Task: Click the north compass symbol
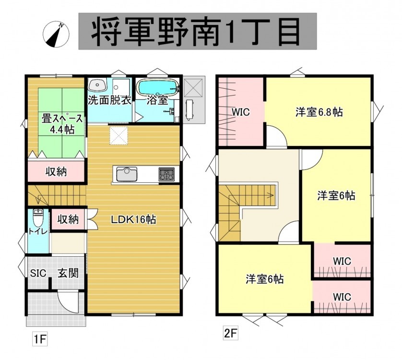point(56,35)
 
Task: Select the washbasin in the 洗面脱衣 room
point(97,84)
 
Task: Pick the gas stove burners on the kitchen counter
point(166,174)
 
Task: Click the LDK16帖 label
point(133,219)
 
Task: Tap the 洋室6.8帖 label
point(319,112)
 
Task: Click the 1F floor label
point(40,339)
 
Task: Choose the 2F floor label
point(230,333)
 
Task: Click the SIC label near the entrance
point(38,273)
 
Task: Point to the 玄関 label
point(68,273)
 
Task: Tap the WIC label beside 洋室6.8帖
point(241,112)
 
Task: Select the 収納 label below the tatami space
point(56,171)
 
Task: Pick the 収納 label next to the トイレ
point(68,219)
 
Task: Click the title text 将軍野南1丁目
point(196,31)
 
